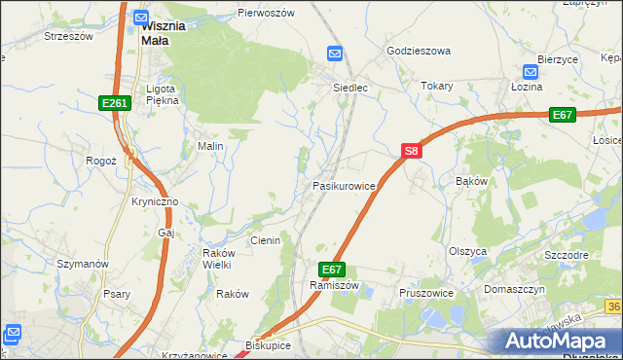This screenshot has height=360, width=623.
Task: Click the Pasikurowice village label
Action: click(x=344, y=185)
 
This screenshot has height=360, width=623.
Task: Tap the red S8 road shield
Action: click(x=412, y=151)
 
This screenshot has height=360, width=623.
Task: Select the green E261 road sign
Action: click(x=115, y=102)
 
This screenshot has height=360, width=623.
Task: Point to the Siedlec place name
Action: click(x=350, y=87)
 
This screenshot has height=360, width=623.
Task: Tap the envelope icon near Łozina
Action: click(x=531, y=72)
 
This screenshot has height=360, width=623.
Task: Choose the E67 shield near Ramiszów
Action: click(x=331, y=269)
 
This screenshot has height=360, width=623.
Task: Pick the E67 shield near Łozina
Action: click(x=562, y=114)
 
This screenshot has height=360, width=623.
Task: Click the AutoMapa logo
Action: click(x=559, y=341)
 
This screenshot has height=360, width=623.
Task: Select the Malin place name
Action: click(x=211, y=146)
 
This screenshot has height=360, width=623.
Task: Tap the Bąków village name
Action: click(x=471, y=181)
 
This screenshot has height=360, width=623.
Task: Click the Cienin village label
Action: click(x=265, y=240)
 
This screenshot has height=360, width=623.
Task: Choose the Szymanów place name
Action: click(x=82, y=264)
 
